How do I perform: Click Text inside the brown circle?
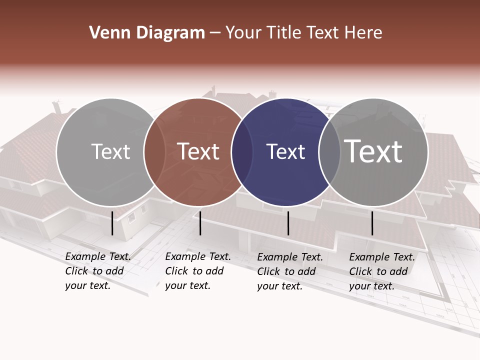[x=198, y=151]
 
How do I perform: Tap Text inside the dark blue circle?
[x=285, y=152]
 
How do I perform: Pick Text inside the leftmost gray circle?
[x=110, y=151]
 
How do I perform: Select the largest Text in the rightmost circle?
[x=373, y=151]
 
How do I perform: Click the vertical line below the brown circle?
[x=200, y=223]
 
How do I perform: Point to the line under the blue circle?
[x=288, y=223]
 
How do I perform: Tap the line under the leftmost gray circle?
[x=112, y=223]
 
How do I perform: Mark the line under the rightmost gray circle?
[x=372, y=223]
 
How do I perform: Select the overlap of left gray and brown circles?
[x=154, y=152]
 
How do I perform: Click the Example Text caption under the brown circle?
[x=197, y=271]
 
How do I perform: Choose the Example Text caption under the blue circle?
[x=289, y=271]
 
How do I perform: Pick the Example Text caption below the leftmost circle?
[x=97, y=271]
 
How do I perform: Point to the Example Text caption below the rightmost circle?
[x=381, y=271]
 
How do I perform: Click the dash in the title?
[x=215, y=33]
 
